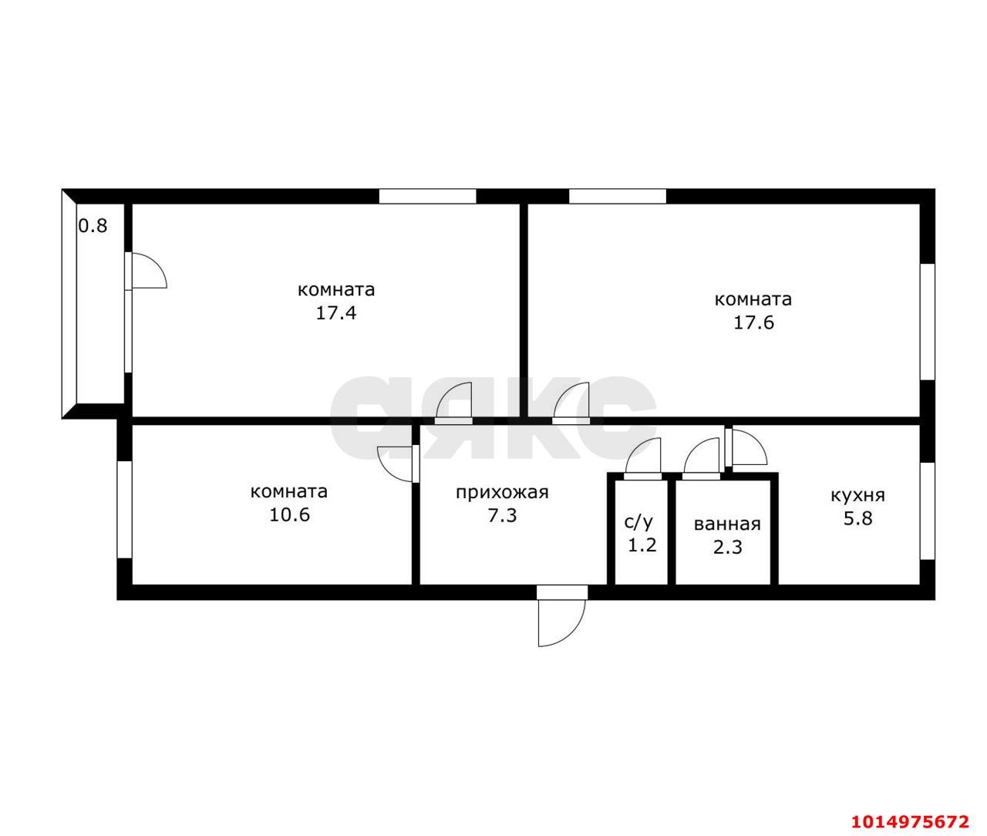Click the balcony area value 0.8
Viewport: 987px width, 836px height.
tap(93, 225)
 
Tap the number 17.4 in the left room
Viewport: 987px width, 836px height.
tap(336, 313)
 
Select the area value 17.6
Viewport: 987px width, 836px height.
tap(753, 322)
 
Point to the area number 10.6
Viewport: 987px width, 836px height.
tap(289, 514)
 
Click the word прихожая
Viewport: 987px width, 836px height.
tap(502, 493)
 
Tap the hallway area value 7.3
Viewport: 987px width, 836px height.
tap(502, 515)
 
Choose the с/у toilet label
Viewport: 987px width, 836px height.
tap(638, 522)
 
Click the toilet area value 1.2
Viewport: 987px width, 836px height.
tap(642, 545)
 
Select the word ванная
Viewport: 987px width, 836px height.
tap(727, 524)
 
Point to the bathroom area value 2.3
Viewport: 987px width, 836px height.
tap(728, 547)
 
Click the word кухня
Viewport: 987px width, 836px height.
tap(858, 495)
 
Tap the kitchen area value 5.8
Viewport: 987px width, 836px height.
tap(858, 518)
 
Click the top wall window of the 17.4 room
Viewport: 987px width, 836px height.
tap(427, 197)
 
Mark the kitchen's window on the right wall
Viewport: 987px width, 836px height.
tap(928, 511)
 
